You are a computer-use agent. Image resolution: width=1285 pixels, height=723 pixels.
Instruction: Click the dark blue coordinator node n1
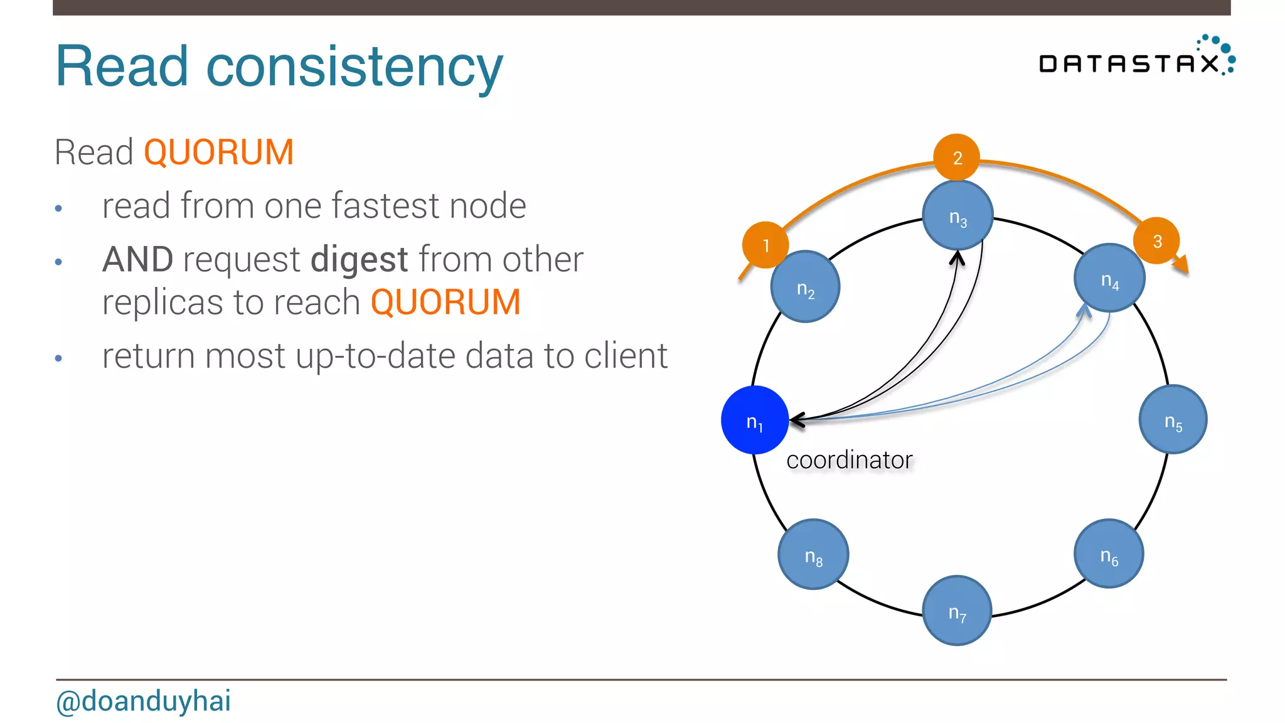(754, 420)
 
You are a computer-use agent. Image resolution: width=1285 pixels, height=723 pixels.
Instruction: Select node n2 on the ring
(805, 287)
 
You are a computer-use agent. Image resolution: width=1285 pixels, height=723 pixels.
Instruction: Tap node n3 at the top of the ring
(957, 215)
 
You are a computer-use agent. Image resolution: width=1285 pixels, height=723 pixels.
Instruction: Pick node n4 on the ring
(1109, 278)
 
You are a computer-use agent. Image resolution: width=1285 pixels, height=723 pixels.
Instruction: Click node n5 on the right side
(1173, 419)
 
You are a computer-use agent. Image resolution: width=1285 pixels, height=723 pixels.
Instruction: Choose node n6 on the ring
(1109, 554)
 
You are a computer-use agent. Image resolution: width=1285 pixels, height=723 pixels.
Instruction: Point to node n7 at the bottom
(957, 610)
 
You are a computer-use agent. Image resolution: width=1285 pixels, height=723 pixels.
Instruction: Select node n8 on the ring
(813, 554)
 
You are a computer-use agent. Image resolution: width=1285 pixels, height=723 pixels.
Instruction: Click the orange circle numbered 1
(765, 245)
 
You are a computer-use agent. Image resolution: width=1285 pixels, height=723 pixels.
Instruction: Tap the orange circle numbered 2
(957, 157)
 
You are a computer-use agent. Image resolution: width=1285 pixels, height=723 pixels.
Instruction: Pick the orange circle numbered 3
(1156, 240)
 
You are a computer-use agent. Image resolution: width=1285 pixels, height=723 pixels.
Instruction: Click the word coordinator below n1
(849, 460)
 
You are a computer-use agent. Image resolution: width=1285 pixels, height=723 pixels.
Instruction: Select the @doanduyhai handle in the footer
(144, 701)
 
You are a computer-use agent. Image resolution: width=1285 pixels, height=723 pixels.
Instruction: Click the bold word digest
(360, 260)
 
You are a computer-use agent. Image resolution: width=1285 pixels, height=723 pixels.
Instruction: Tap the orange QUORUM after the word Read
(218, 153)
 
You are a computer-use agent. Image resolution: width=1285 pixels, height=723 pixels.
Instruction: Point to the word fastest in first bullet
(386, 206)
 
